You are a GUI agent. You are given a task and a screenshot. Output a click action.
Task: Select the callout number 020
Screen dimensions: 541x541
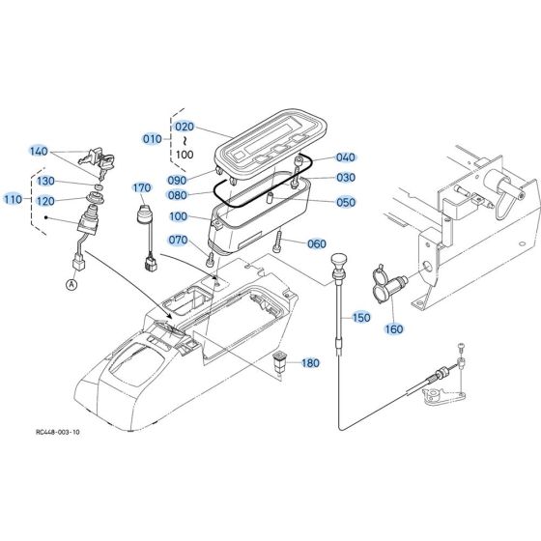184,127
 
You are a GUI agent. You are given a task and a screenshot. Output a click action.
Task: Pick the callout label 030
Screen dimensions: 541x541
347,178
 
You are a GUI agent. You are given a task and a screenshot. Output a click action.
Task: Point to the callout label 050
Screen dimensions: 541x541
347,203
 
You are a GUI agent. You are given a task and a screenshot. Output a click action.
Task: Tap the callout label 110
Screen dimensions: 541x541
13,199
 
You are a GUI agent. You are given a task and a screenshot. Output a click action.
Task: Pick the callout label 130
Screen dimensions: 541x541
45,182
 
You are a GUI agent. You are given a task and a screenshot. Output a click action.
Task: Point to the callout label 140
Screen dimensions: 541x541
38,152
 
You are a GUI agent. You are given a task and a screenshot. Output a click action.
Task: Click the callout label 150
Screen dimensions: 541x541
361,317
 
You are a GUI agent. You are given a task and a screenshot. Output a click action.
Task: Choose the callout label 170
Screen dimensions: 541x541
143,187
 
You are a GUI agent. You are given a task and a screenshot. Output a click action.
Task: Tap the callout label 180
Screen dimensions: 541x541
309,363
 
